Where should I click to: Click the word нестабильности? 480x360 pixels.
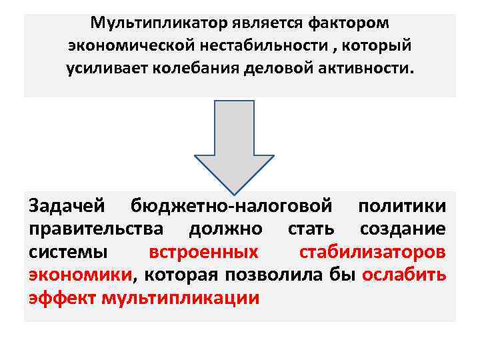click(245, 47)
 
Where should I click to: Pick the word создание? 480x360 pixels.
click(403, 230)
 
